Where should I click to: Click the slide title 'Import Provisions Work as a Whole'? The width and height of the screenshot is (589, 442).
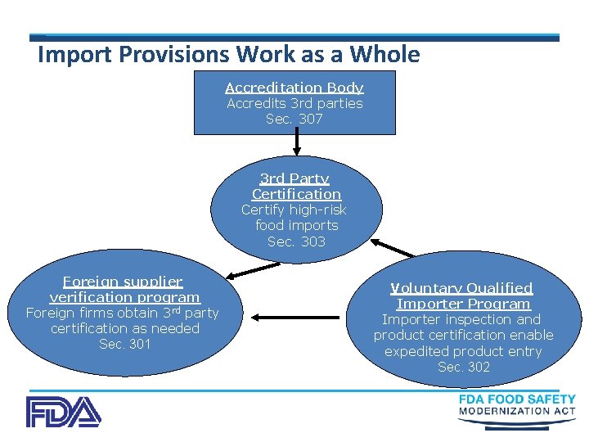[229, 55]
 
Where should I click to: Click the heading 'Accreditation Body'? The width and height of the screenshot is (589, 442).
[294, 88]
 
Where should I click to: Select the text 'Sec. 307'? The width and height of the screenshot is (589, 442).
[294, 120]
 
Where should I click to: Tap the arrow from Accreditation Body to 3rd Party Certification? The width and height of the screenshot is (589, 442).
[296, 144]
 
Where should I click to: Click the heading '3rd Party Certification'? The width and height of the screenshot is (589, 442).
[295, 187]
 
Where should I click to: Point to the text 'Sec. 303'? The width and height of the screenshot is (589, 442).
[296, 241]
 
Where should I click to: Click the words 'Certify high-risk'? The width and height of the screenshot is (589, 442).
[294, 210]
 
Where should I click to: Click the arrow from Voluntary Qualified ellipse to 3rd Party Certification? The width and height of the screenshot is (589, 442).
[393, 248]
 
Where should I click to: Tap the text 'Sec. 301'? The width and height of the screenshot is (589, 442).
[124, 344]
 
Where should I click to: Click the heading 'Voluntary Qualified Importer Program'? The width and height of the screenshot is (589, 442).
[463, 295]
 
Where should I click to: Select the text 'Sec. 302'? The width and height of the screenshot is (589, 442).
[464, 367]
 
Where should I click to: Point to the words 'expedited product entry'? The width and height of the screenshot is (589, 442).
[463, 351]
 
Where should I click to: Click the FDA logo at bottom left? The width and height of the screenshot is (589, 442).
[63, 412]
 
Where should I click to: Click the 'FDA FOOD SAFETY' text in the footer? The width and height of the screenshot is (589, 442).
[517, 399]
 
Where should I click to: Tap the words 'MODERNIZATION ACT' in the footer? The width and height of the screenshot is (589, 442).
[517, 411]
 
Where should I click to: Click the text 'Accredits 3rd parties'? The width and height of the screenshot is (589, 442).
[294, 104]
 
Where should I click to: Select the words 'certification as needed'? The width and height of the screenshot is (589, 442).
[124, 328]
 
